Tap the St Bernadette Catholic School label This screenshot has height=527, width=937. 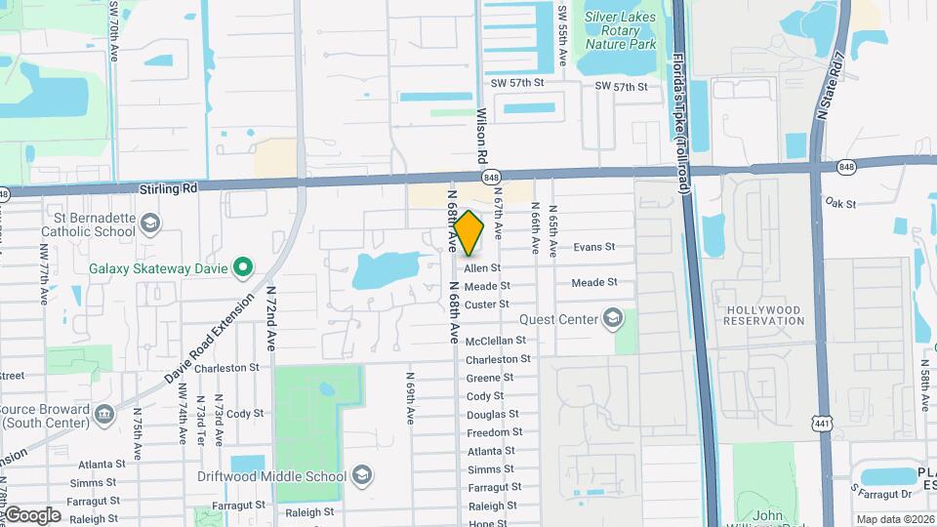pos(87,224)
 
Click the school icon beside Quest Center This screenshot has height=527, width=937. pos(612,319)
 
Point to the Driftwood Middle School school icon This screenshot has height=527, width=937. pos(361,476)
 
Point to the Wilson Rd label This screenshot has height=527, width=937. pos(481,136)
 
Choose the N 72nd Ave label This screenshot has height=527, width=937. pos(270,318)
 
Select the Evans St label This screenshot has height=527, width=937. pos(594,247)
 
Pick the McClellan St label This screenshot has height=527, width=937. pos(496,341)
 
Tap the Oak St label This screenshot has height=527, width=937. pos(839,204)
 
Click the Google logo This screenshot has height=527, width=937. pos(32,514)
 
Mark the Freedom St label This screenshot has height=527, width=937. pos(488,433)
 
